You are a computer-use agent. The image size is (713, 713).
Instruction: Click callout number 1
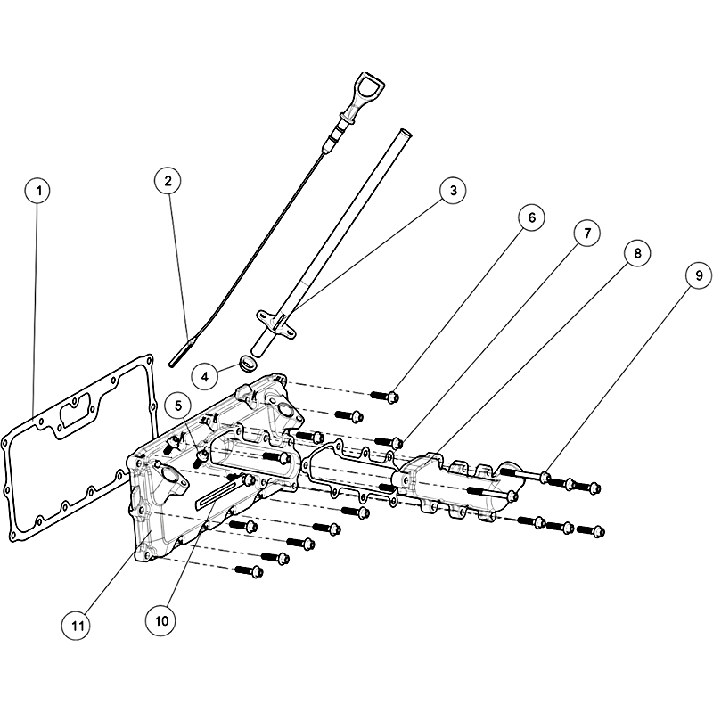coord(38,191)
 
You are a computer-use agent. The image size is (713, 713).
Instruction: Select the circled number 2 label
coord(168,181)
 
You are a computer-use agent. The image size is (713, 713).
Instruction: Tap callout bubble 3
coord(453,191)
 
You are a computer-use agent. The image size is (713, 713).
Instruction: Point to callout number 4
coord(205,376)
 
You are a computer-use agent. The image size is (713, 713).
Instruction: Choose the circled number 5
coord(178,406)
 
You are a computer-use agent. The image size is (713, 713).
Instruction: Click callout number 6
coord(531,217)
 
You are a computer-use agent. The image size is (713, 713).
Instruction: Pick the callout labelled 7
coord(586,234)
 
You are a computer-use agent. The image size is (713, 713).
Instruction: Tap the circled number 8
coord(636,253)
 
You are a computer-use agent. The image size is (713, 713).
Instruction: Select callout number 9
coord(699,275)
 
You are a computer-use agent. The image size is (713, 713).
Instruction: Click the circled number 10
coord(161,620)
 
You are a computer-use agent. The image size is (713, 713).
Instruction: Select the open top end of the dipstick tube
coord(405,133)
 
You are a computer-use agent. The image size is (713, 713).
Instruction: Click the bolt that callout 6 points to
coord(386,396)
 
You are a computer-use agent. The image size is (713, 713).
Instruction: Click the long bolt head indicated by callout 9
coord(545,478)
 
